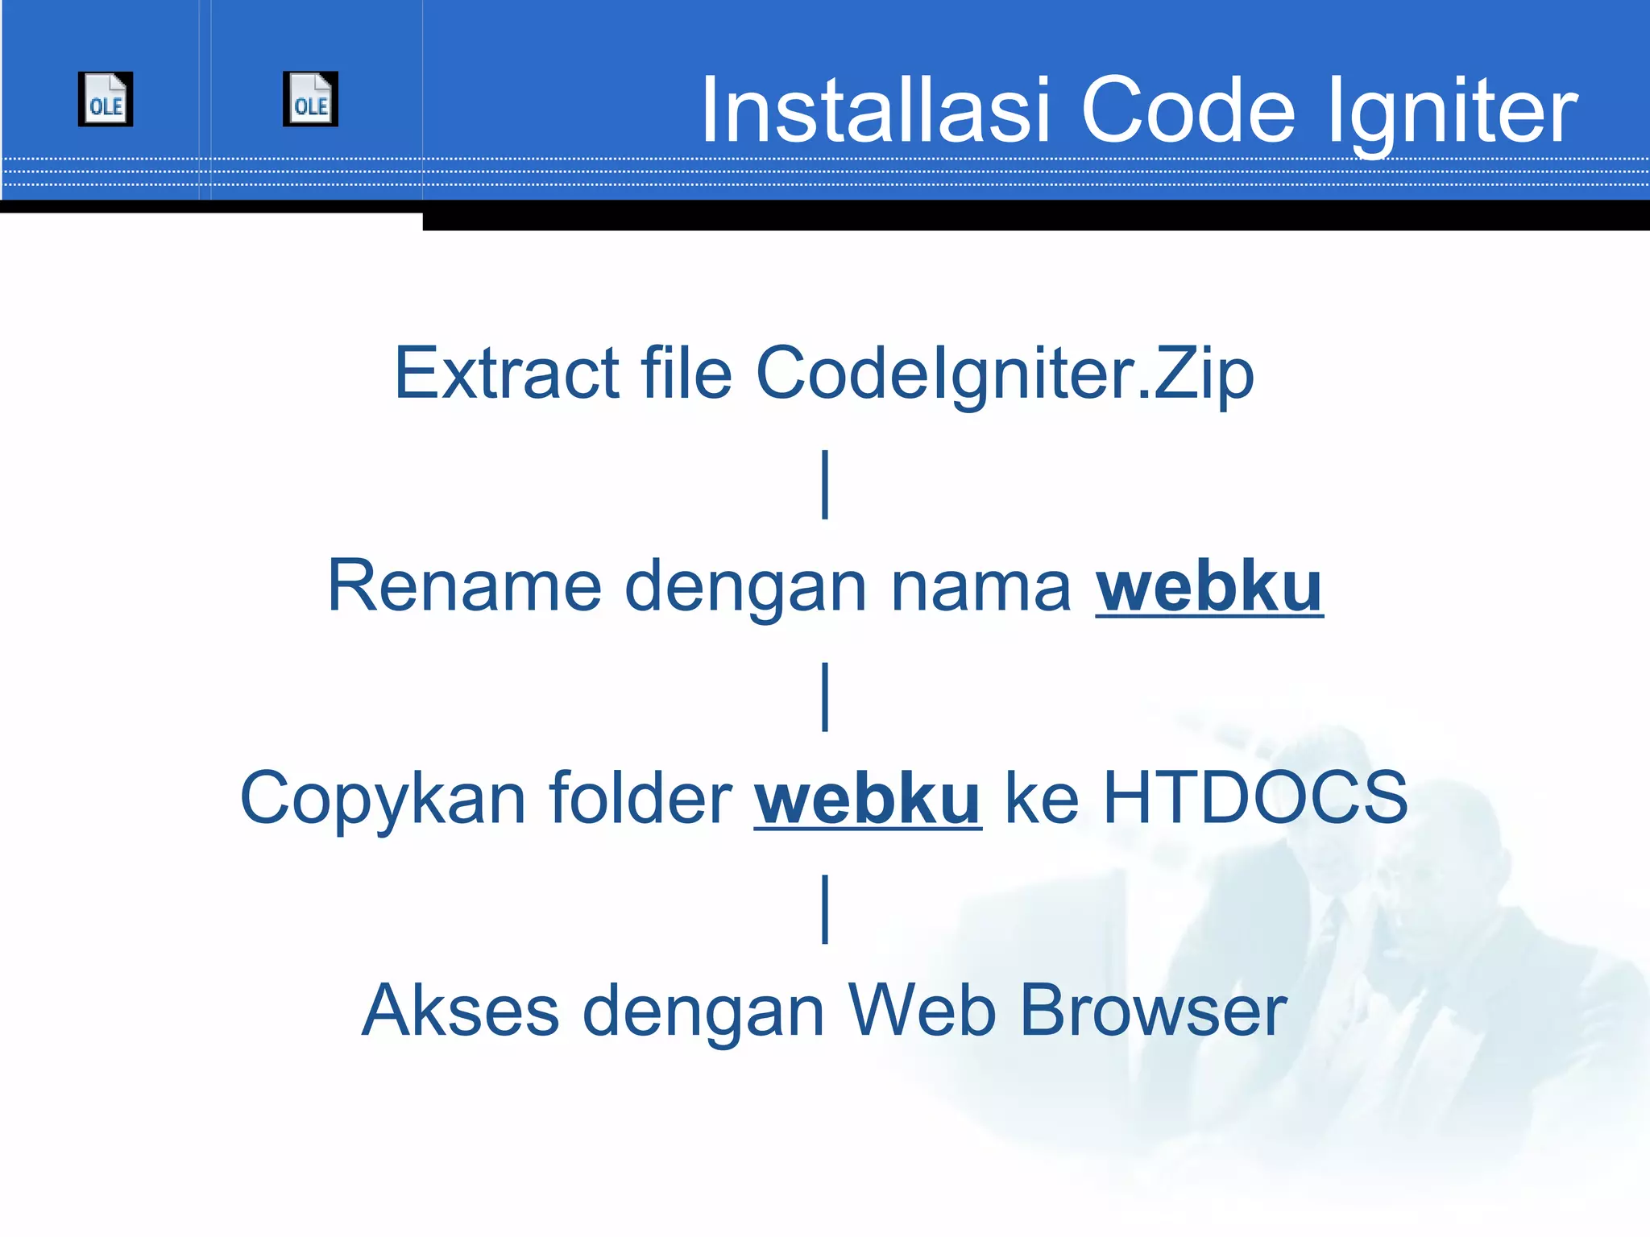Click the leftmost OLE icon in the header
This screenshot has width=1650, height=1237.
coord(106,99)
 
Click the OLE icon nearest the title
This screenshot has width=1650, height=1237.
coord(310,99)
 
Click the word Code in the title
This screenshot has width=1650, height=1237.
coord(1188,110)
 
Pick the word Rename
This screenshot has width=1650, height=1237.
coord(464,585)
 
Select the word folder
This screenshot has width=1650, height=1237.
coord(640,797)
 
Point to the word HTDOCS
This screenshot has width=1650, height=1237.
coord(1254,797)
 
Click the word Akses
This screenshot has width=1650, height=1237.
coord(460,1010)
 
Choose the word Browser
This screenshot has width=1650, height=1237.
coord(1153,1010)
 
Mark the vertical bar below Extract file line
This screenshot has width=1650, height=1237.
coord(825,485)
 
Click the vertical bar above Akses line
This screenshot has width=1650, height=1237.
coord(825,909)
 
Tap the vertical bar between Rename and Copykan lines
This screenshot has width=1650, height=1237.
coord(825,697)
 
